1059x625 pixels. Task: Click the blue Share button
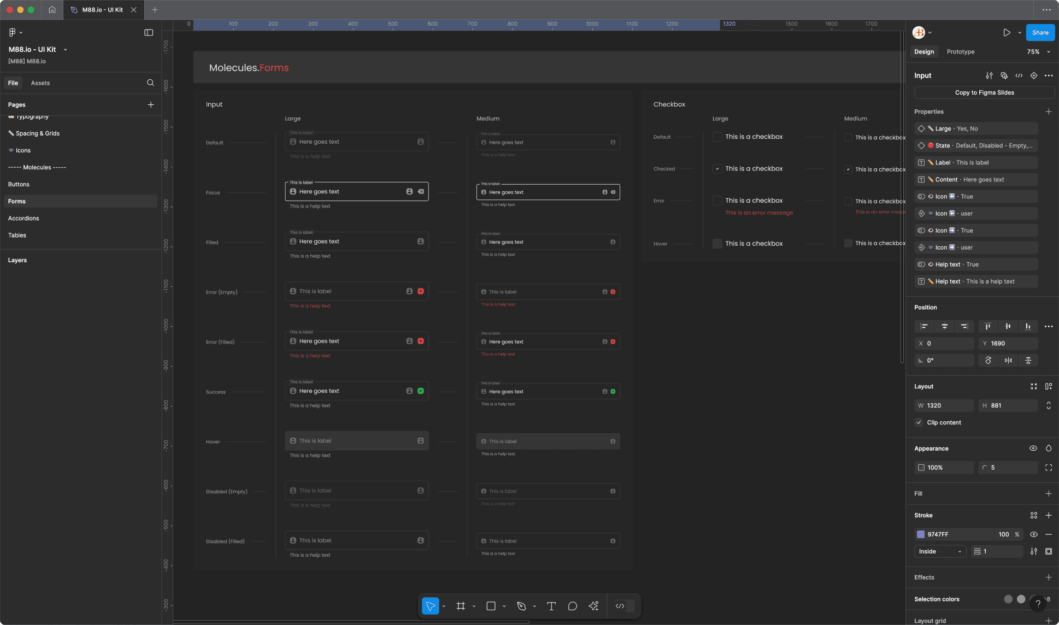[x=1040, y=33]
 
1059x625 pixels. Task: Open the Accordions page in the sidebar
[x=23, y=218]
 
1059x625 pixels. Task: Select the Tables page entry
[x=17, y=235]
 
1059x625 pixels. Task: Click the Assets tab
[x=40, y=83]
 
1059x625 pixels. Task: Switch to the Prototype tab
[x=960, y=52]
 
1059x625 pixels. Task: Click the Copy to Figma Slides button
[x=984, y=93]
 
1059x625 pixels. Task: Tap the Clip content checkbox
[x=919, y=422]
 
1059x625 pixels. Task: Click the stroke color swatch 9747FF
[x=921, y=534]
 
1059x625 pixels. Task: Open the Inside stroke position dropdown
[x=940, y=551]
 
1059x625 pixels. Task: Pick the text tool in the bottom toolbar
[x=551, y=606]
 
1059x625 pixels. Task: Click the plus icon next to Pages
[x=151, y=105]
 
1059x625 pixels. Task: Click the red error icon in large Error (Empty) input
[x=421, y=291]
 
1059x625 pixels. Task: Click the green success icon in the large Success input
[x=421, y=391]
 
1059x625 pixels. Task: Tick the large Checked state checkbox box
[x=717, y=169]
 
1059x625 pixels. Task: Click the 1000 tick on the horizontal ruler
[x=592, y=24]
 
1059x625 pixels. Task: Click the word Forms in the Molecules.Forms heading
[x=274, y=68]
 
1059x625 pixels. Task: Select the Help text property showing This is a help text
[x=976, y=281]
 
